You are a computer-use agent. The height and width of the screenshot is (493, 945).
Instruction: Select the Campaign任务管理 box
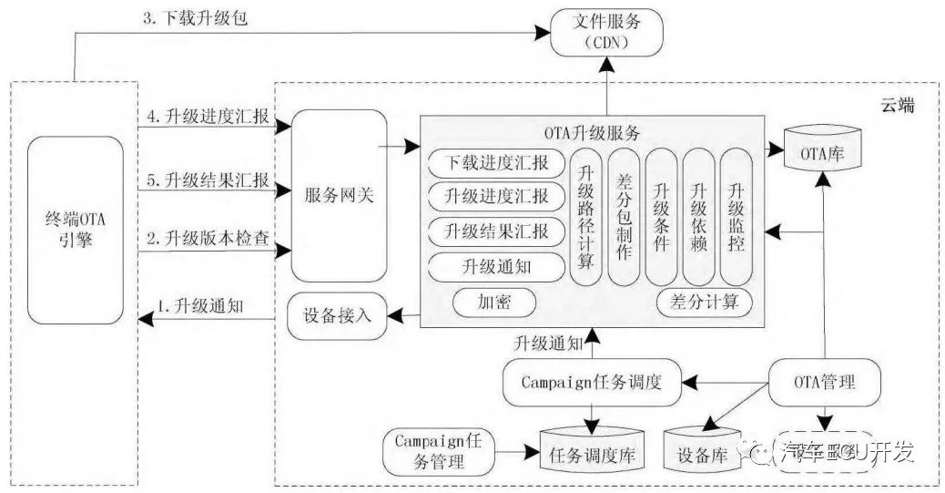coord(437,450)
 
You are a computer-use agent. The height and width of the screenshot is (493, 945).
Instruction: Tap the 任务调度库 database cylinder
coord(590,448)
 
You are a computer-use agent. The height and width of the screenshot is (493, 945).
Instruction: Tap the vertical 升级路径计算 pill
coord(586,217)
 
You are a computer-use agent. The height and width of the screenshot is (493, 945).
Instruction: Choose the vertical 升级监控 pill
coord(737,217)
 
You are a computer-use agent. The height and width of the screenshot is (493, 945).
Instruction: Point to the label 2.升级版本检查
coord(208,239)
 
